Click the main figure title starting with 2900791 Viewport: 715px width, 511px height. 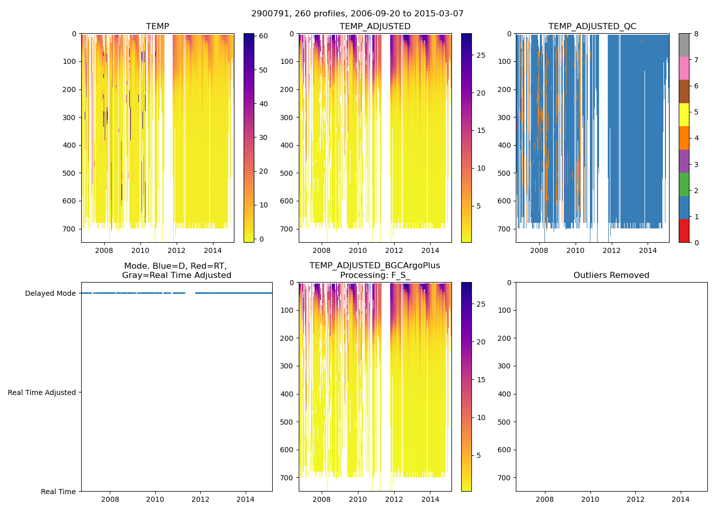[357, 14]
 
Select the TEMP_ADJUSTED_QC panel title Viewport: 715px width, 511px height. [592, 27]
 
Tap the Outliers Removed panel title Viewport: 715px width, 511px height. [611, 275]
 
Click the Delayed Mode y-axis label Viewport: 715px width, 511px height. [50, 293]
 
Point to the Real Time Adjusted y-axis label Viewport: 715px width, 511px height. [42, 392]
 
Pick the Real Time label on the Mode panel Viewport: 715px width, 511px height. [58, 492]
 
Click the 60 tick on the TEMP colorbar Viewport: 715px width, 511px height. [264, 36]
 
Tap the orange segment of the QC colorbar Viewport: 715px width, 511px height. [684, 138]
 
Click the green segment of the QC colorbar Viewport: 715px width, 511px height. [684, 184]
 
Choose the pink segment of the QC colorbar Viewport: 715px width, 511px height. [684, 68]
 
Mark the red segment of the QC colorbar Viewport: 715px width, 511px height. [684, 231]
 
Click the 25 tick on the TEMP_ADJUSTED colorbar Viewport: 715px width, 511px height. [481, 55]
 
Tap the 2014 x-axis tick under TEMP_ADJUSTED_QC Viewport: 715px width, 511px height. [648, 250]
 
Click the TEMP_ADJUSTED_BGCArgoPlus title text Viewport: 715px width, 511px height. [375, 266]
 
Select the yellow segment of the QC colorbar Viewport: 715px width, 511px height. [684, 115]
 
